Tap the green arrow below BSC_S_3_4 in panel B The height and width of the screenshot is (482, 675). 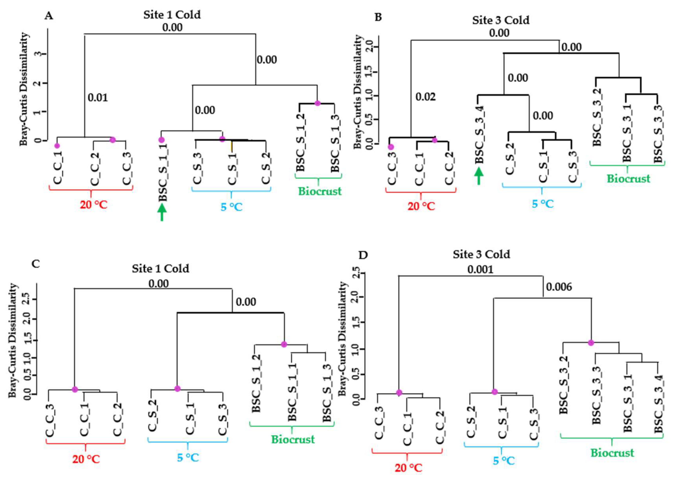[x=478, y=176]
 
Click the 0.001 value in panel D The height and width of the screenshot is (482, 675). [x=480, y=269]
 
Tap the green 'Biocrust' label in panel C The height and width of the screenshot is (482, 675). [x=293, y=439]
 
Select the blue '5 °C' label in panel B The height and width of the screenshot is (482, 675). [x=542, y=204]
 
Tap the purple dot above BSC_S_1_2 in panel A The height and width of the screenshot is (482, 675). [x=317, y=103]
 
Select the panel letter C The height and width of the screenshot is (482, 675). [x=36, y=264]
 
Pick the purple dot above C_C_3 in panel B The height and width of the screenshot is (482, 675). [x=391, y=147]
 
